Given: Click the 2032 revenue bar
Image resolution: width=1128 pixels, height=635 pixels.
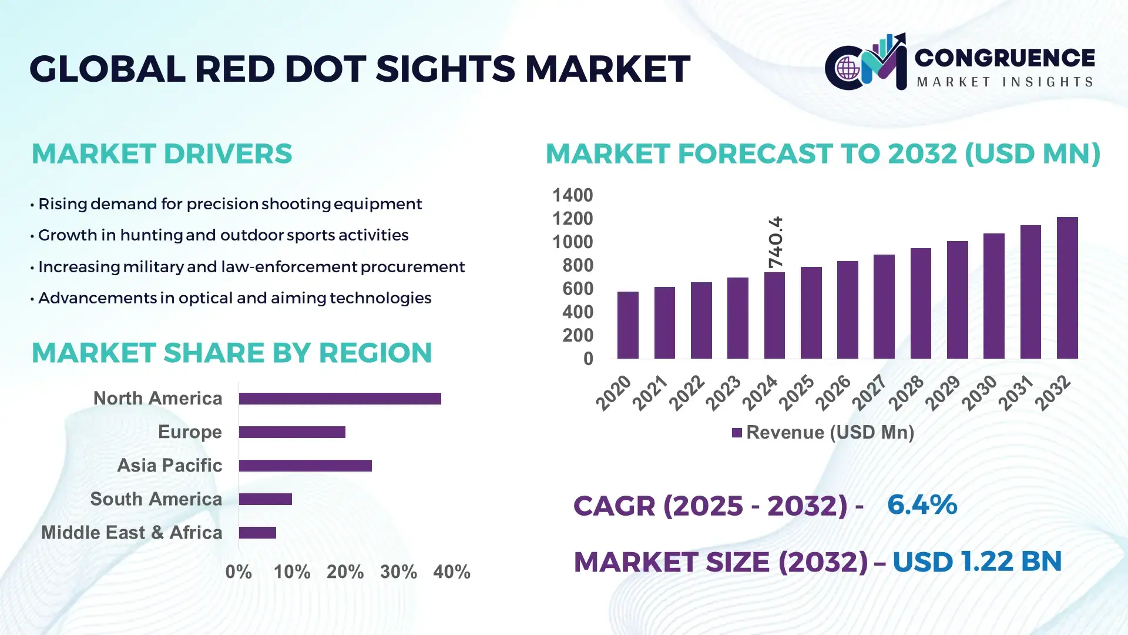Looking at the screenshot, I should point(1067,288).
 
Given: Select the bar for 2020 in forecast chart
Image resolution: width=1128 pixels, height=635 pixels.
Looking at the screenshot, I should point(627,325).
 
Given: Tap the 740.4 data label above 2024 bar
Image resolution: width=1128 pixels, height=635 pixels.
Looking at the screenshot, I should point(775,242).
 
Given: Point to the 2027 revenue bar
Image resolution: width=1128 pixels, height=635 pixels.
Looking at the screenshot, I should point(884,306).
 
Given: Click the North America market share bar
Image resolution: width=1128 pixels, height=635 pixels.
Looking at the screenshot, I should point(340,399).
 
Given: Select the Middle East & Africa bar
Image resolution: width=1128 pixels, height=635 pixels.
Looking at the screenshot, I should point(257,533).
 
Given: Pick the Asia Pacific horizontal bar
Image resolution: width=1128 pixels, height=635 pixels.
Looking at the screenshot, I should point(305,466).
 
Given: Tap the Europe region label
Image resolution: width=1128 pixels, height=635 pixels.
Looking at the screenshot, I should point(190,432).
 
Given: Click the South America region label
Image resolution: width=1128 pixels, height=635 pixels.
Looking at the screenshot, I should point(156,499).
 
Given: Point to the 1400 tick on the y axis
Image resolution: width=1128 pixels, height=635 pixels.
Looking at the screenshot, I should point(572,195).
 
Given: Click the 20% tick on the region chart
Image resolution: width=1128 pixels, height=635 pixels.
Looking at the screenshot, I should point(345,572).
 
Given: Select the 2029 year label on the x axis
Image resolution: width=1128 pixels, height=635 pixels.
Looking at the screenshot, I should point(942,393).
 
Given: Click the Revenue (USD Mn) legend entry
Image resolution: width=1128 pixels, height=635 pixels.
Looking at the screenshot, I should point(823,433).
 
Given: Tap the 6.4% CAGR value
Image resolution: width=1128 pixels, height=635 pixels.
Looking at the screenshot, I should point(922,505).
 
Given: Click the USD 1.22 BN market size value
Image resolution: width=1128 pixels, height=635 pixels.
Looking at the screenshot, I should point(976,562).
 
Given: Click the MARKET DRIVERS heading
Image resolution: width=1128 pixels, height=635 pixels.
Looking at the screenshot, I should point(162,154).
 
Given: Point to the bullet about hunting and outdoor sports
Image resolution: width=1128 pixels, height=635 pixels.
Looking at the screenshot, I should point(223,235).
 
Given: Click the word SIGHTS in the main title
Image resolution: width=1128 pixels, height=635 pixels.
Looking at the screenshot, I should point(445,69).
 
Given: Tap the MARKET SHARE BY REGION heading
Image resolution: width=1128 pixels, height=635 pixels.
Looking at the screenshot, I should point(231,353).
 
